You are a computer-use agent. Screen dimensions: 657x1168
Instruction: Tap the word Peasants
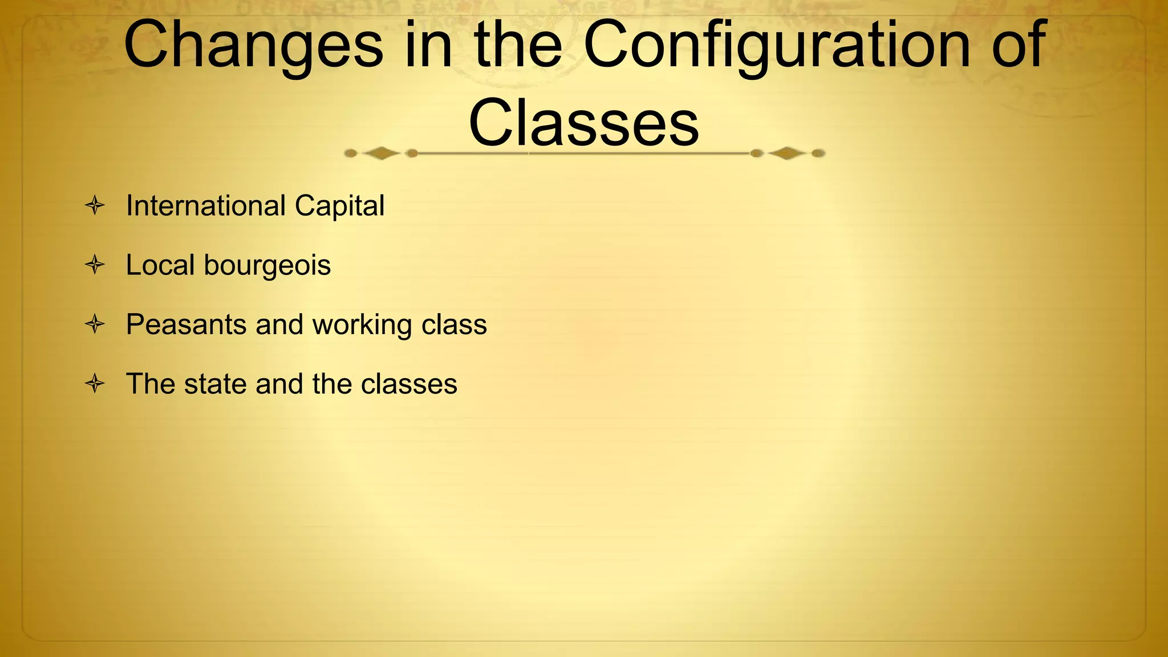point(186,325)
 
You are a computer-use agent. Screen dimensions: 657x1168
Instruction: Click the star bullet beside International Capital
point(95,205)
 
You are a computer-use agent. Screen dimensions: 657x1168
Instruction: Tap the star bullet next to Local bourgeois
point(95,265)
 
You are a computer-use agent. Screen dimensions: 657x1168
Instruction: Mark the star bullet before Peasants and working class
point(95,325)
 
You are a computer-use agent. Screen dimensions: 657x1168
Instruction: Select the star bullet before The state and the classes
point(95,383)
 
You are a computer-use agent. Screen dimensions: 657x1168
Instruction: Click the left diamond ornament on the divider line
point(381,153)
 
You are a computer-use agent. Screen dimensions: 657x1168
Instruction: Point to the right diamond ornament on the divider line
point(786,153)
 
